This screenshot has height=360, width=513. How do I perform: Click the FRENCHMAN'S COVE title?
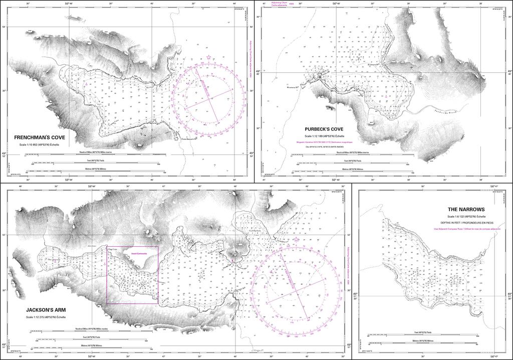40,137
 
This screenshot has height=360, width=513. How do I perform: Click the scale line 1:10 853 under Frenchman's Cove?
40,144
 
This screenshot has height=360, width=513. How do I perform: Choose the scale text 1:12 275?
46,317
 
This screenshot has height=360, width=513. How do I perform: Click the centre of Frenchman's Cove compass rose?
209,96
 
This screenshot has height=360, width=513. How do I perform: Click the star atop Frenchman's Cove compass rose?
209,58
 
